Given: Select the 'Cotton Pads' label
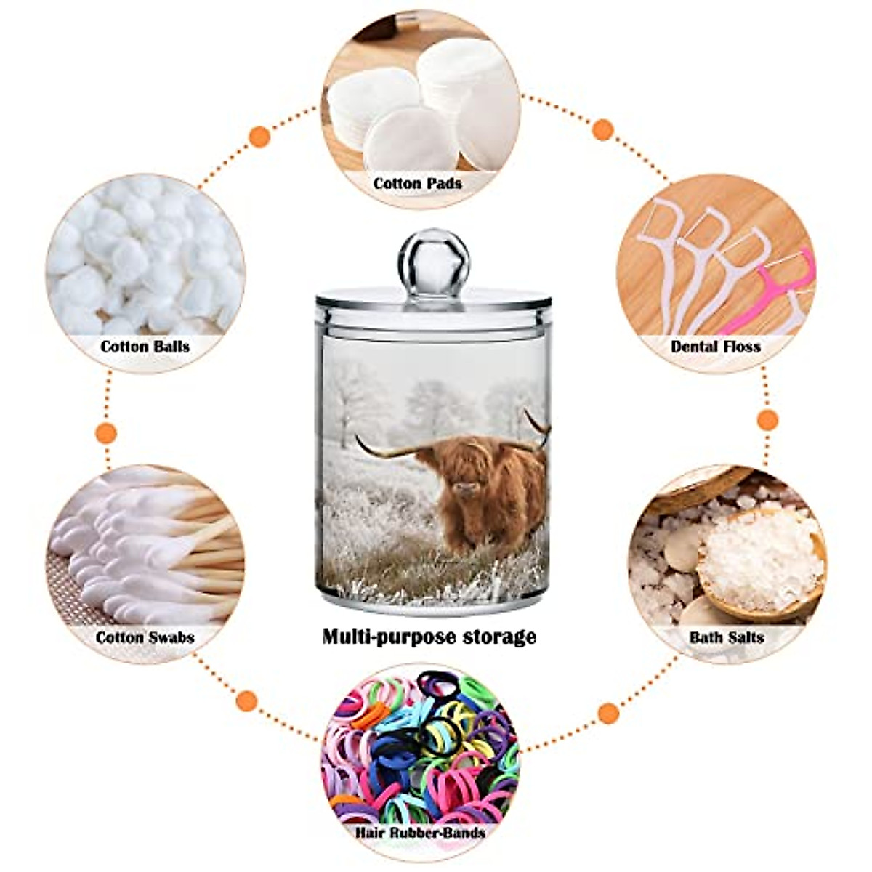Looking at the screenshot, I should [417, 184].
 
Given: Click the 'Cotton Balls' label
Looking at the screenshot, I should [145, 346].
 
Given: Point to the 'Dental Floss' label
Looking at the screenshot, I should [715, 346].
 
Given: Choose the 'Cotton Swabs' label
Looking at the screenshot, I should [145, 637].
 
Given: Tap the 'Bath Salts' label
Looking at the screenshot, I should [726, 637].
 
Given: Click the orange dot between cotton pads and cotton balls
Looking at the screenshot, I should [259, 136].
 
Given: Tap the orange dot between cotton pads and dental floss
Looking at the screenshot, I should [602, 129].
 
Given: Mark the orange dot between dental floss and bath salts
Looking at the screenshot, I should [767, 419].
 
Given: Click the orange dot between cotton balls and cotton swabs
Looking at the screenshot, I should [106, 433].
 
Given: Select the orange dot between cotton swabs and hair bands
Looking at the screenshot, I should [247, 701].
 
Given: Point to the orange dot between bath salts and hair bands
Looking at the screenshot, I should [609, 713].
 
